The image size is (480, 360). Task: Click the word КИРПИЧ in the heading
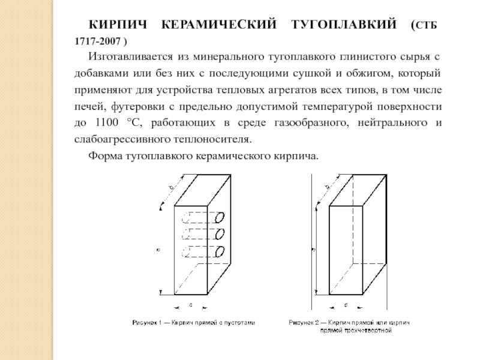(x=119, y=25)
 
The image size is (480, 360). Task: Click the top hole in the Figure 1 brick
(x=221, y=215)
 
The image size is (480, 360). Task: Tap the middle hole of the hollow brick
(x=221, y=233)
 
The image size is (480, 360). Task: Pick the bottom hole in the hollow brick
(x=221, y=251)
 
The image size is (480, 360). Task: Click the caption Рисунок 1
(x=147, y=322)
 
